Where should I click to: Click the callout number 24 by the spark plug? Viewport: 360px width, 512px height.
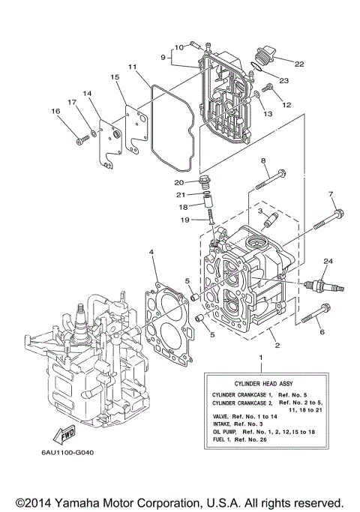click(327, 260)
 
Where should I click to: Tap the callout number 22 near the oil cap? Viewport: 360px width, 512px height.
click(300, 64)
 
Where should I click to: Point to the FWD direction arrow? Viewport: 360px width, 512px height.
click(65, 434)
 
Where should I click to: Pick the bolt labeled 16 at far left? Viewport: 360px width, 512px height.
click(80, 139)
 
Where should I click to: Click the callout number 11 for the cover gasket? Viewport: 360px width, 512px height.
click(131, 67)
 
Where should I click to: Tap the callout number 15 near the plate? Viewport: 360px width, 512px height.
click(115, 77)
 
